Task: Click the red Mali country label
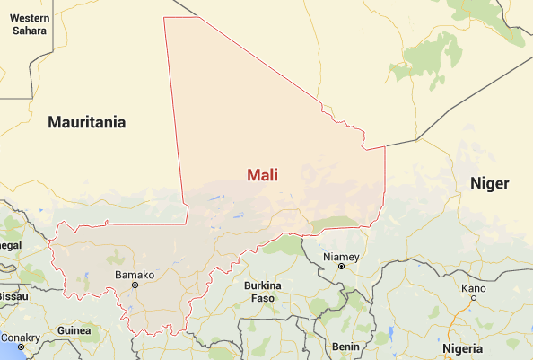coord(262,175)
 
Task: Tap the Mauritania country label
coord(87,121)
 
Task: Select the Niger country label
coord(489,183)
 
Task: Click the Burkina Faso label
coord(263,292)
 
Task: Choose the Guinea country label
coord(74,330)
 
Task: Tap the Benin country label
coord(345,346)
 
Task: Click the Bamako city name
coord(135,274)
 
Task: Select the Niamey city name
coord(341,257)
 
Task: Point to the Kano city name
coord(473,288)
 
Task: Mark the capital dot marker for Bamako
coord(135,285)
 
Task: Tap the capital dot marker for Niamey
coord(341,267)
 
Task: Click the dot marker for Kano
coord(472,299)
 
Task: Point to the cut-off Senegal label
coord(10,244)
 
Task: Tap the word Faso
coord(263,298)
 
